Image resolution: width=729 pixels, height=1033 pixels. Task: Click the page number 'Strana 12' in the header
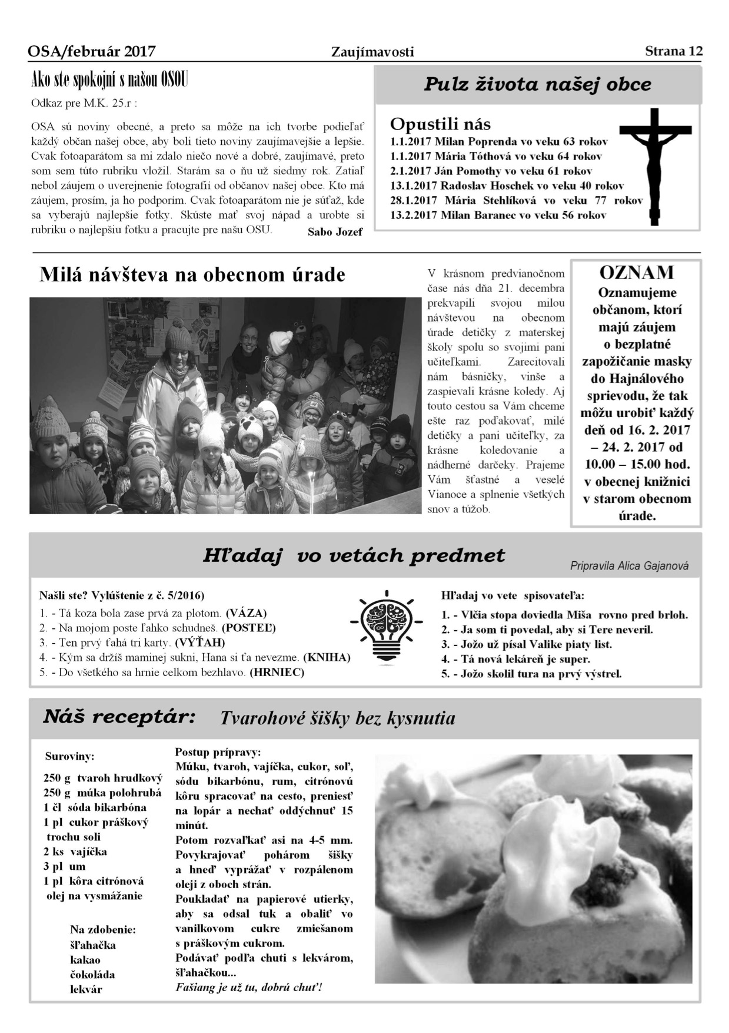pyautogui.click(x=673, y=51)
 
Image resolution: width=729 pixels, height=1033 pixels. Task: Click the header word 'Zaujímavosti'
pyautogui.click(x=372, y=52)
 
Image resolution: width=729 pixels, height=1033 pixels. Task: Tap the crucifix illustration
pyautogui.click(x=657, y=165)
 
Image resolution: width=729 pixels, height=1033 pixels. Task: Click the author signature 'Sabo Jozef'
pyautogui.click(x=335, y=231)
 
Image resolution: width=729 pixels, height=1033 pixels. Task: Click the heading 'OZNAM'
pyautogui.click(x=637, y=273)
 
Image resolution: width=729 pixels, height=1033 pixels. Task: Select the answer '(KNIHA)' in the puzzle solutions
pyautogui.click(x=327, y=657)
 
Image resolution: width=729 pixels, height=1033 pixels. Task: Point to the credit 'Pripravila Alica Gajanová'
pyautogui.click(x=629, y=566)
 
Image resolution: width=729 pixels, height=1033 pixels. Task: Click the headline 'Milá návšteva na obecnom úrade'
pyautogui.click(x=192, y=275)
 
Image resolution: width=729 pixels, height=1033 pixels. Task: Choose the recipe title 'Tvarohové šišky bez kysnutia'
pyautogui.click(x=337, y=718)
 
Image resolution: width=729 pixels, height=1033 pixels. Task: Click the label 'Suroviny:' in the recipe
pyautogui.click(x=69, y=756)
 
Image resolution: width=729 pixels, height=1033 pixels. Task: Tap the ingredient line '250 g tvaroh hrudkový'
pyautogui.click(x=102, y=778)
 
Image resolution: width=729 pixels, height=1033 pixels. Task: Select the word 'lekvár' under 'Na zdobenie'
pyautogui.click(x=86, y=989)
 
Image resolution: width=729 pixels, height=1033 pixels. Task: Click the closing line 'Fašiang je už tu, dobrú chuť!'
pyautogui.click(x=249, y=987)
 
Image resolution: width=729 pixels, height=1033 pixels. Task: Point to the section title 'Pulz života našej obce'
pyautogui.click(x=537, y=84)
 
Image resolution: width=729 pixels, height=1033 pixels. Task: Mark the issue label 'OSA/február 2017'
pyautogui.click(x=92, y=52)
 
